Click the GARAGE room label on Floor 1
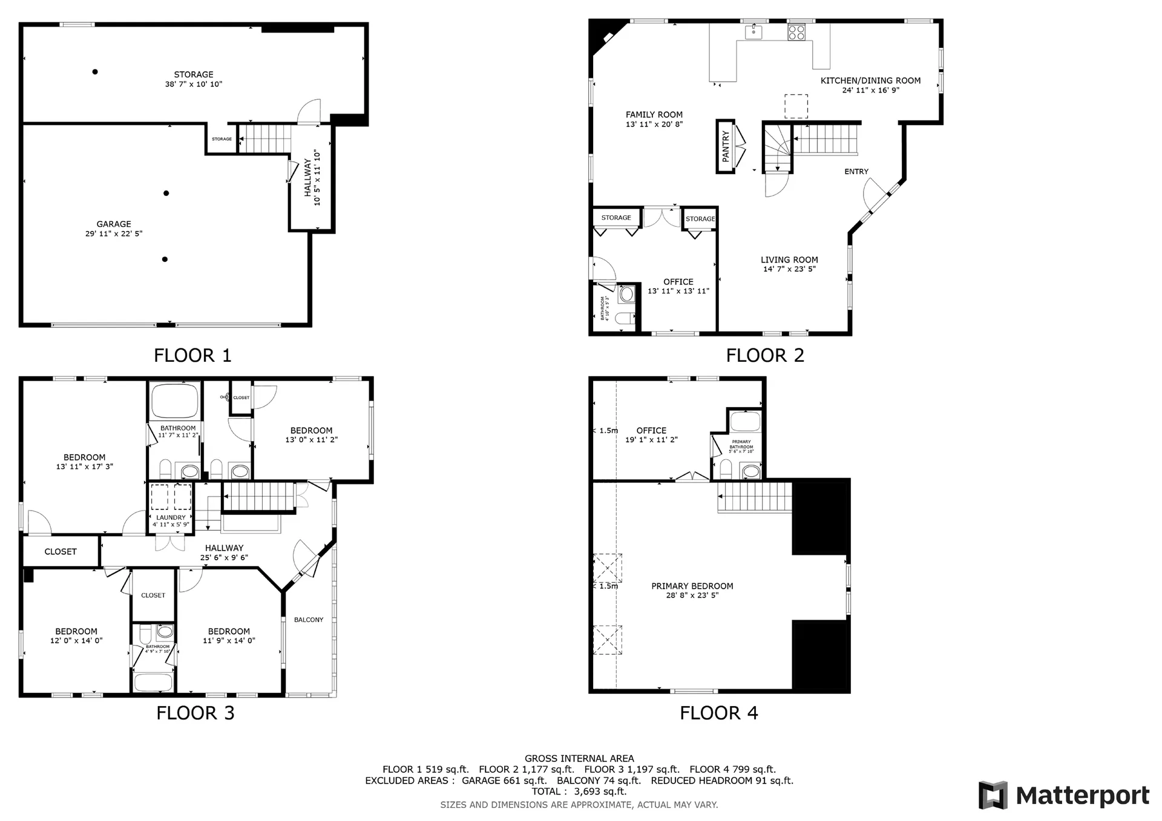point(114,224)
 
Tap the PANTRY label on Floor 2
point(726,146)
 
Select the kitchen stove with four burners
point(796,32)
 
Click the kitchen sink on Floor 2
point(753,31)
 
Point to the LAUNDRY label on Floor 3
point(171,518)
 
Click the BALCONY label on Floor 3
point(309,620)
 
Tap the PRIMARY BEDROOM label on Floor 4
point(692,586)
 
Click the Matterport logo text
point(1082,796)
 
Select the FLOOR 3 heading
point(195,713)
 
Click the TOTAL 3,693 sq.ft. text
point(579,791)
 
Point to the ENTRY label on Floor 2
point(856,172)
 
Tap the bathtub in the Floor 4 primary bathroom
point(745,421)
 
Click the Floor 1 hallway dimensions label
point(317,178)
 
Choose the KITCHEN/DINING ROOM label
point(870,80)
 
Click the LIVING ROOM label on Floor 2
point(789,260)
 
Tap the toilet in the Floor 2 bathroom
point(624,318)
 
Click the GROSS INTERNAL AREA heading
point(579,759)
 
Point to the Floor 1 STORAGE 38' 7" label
point(194,79)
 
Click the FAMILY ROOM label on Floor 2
point(654,115)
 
